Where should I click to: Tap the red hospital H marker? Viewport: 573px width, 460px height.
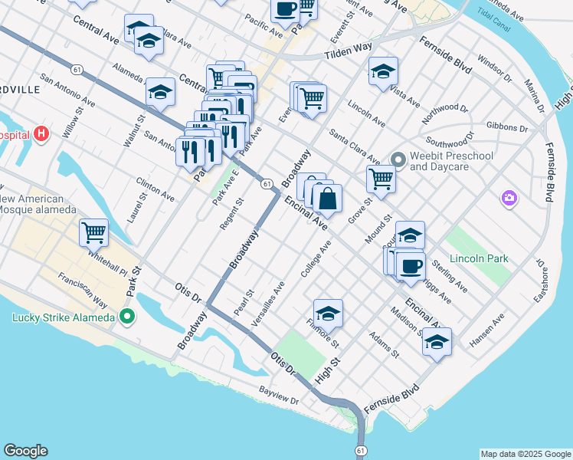pos(41,135)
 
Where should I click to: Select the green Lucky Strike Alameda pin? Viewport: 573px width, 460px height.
pos(127,316)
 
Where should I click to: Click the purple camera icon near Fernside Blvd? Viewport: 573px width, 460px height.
pos(509,199)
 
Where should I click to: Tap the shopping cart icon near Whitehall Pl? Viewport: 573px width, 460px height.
pos(93,232)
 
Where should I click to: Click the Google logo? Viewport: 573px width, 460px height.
pos(25,451)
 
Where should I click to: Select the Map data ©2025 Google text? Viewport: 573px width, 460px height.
pos(525,454)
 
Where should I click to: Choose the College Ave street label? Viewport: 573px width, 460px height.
pos(316,259)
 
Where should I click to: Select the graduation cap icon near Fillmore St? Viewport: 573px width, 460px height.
pos(328,312)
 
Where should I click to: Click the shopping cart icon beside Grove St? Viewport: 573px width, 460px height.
pos(381,179)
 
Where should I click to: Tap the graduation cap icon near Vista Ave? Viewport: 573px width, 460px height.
pos(383,73)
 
